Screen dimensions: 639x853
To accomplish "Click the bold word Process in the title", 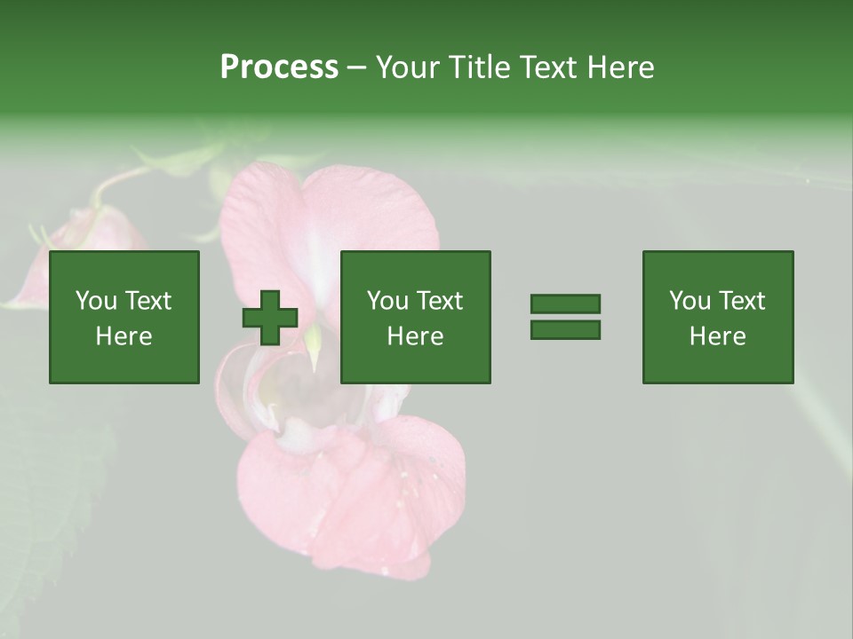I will point(279,67).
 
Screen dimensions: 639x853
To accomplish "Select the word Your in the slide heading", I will point(409,67).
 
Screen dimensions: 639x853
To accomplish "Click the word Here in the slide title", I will point(621,67).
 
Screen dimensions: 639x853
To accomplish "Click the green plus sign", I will point(270,318).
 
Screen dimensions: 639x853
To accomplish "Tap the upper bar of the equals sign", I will point(565,304).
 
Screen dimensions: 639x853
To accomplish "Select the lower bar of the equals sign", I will point(565,330).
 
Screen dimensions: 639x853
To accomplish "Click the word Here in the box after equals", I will point(717,336).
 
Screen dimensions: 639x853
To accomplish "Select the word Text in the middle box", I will point(440,301).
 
